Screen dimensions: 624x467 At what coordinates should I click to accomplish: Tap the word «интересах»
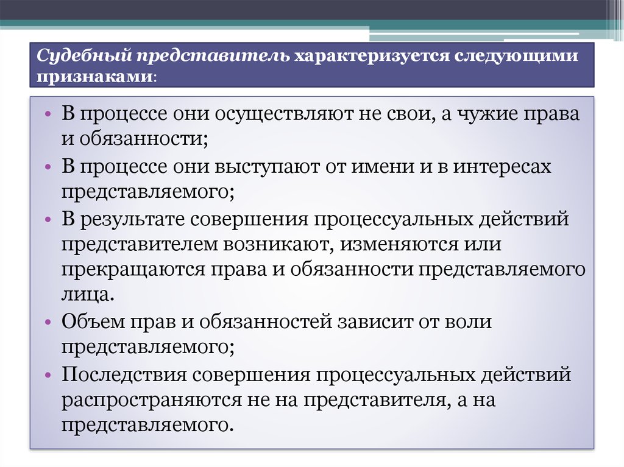[502, 166]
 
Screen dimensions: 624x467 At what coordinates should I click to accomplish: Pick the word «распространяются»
[151, 400]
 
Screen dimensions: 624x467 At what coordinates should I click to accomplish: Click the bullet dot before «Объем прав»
[48, 322]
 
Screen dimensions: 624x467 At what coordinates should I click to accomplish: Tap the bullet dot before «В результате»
[48, 220]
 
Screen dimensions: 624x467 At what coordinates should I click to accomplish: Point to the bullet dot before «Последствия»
[48, 374]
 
